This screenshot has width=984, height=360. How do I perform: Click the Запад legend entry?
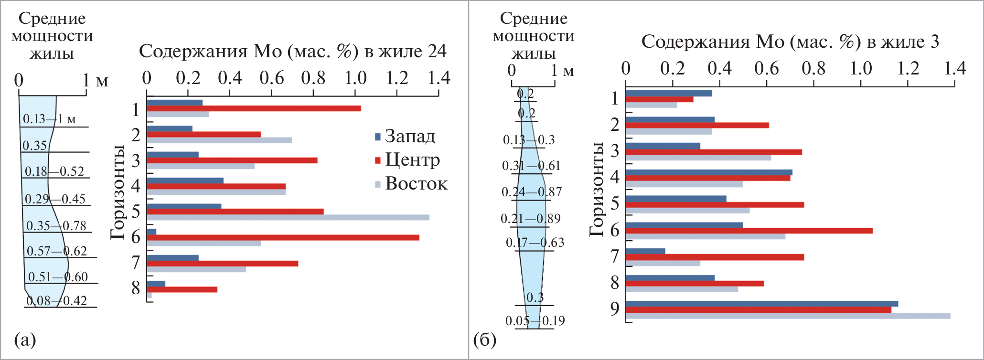(x=410, y=137)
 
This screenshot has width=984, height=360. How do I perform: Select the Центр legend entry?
(x=412, y=160)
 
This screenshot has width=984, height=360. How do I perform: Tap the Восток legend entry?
(x=416, y=183)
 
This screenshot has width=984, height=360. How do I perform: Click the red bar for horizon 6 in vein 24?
(x=283, y=237)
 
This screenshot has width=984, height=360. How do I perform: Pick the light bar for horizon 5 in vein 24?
(x=288, y=217)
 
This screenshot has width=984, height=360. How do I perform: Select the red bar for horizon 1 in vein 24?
(x=254, y=108)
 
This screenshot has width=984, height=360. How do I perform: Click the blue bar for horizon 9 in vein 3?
(x=761, y=304)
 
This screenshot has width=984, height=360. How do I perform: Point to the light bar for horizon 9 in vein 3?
(x=788, y=316)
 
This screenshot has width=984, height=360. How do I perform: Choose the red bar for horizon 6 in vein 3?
(x=749, y=231)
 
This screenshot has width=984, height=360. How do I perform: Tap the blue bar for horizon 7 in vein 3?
(x=645, y=251)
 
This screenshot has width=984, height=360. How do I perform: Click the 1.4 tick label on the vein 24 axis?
(x=439, y=78)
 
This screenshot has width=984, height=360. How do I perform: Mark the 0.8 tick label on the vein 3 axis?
(x=813, y=68)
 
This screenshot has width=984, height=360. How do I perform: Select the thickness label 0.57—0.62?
(x=57, y=251)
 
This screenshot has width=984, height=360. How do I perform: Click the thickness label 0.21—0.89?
(x=531, y=219)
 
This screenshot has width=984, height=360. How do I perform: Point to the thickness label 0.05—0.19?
(x=535, y=320)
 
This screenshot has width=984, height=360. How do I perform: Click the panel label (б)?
(x=485, y=340)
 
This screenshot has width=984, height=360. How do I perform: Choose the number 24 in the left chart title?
(x=437, y=51)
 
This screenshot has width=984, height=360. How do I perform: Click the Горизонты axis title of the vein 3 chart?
(x=597, y=189)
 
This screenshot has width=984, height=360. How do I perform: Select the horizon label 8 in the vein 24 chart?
(x=136, y=288)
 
